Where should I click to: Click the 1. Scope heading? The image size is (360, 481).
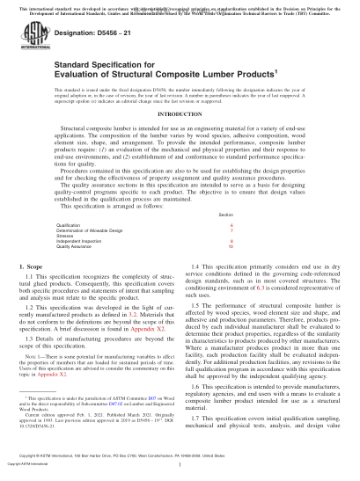(33, 265)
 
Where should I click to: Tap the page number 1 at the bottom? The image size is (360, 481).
(180, 473)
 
